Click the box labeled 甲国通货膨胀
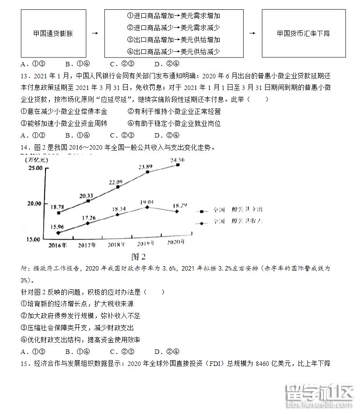pos(53,33)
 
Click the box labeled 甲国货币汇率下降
pos(303,33)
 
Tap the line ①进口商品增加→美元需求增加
pos(174,16)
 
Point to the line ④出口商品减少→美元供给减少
pos(174,52)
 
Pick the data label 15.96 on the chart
pos(57,226)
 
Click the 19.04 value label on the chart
pos(147,202)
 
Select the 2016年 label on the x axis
pos(58,245)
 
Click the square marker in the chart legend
pos(202,211)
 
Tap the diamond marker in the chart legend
pos(202,222)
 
